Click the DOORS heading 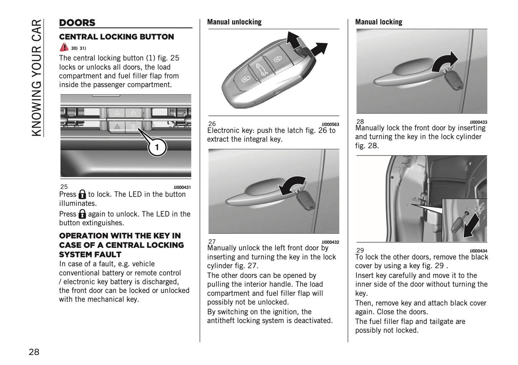tap(77, 23)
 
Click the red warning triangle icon tap(64, 47)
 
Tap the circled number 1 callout tap(157, 147)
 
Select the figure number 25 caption tap(64, 186)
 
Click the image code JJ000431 tap(182, 187)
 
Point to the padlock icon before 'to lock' tap(82, 194)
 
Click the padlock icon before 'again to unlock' tap(82, 214)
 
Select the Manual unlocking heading tap(234, 22)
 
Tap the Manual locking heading tap(379, 22)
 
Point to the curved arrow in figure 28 tap(445, 62)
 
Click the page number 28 tap(34, 352)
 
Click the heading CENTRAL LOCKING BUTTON tap(116, 37)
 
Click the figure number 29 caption tap(360, 250)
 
